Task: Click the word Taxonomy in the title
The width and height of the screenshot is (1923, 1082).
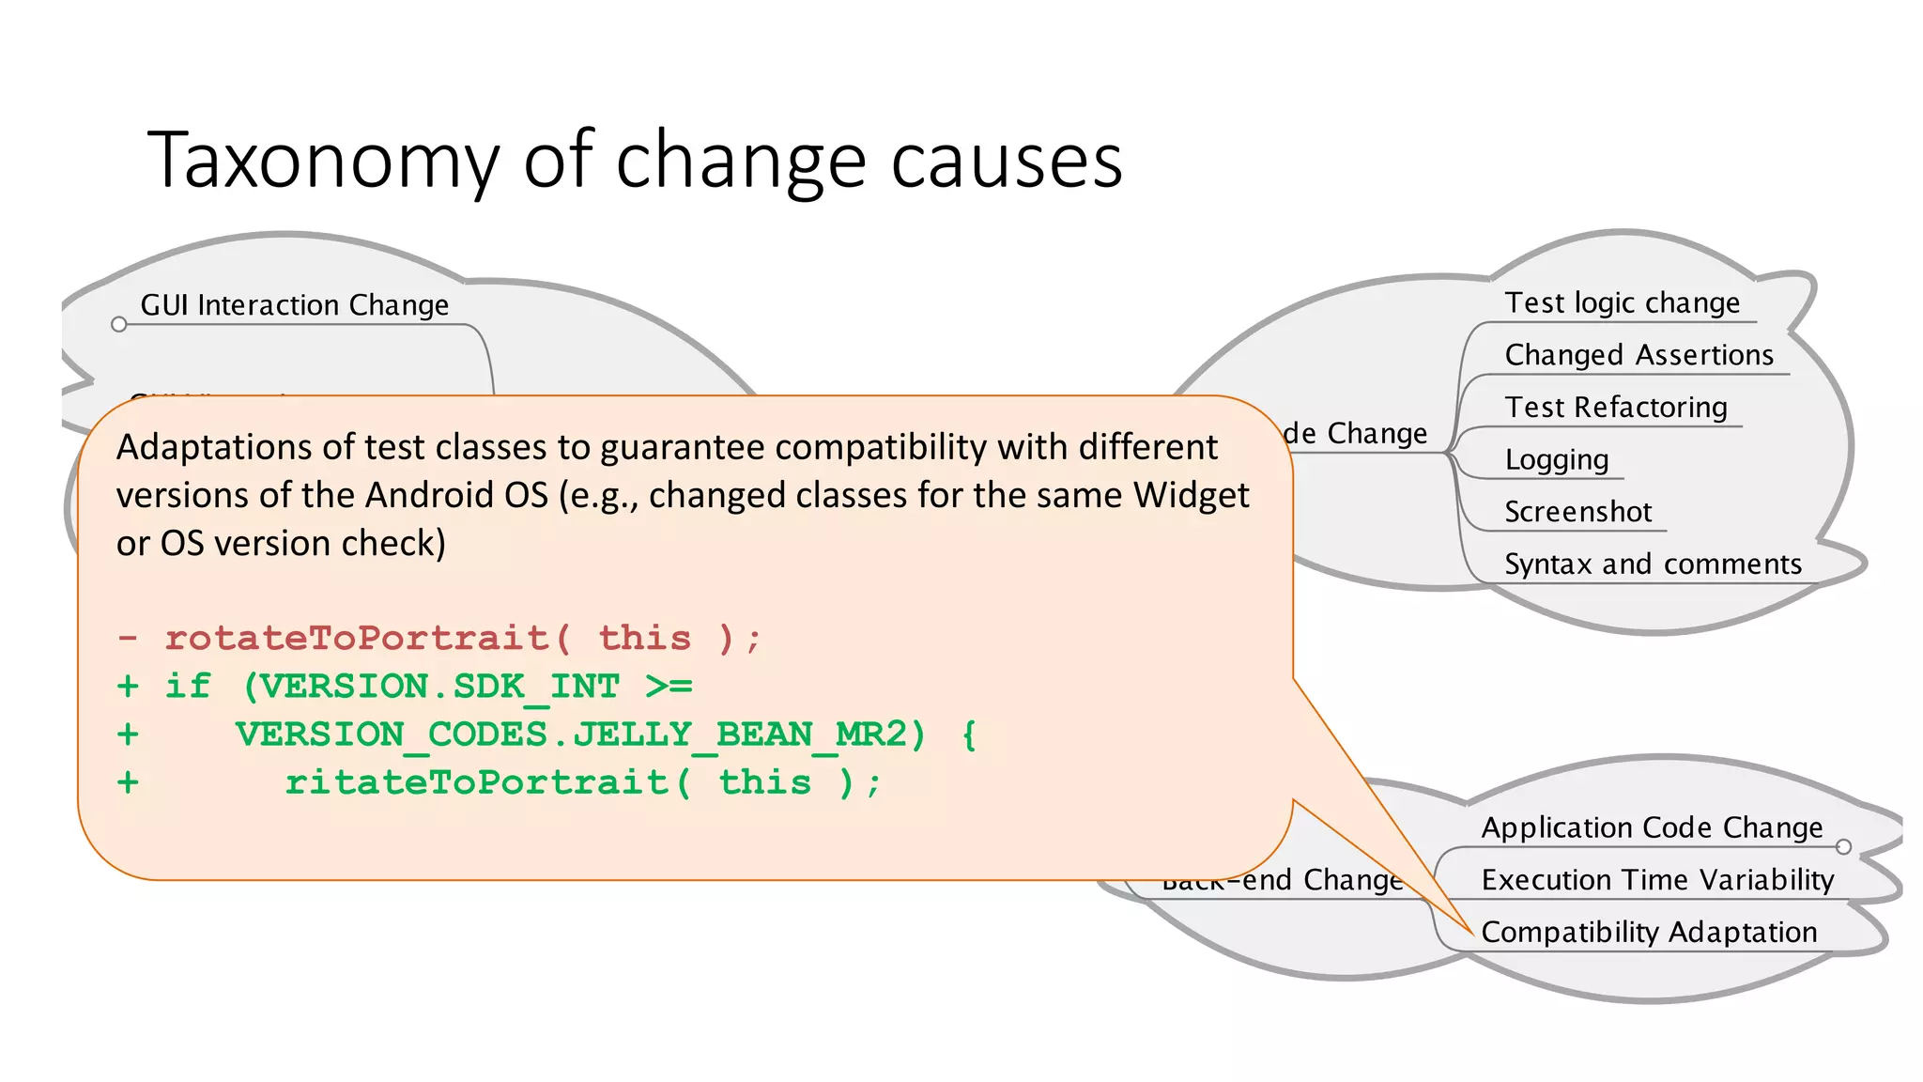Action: point(322,162)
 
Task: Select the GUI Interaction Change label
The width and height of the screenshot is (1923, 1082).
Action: point(294,305)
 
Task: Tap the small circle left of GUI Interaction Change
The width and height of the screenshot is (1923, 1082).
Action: point(118,325)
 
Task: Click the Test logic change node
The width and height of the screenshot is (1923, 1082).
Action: point(1622,303)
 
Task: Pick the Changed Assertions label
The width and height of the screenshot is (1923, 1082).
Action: point(1638,355)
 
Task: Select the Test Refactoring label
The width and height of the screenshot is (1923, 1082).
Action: point(1615,408)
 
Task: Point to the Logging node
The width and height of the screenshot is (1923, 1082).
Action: point(1556,460)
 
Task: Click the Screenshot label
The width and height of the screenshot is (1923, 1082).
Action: point(1577,512)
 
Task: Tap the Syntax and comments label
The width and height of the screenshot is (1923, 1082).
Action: point(1653,564)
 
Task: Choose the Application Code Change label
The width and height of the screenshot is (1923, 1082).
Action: point(1652,827)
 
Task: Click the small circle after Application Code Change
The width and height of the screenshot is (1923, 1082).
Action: point(1843,847)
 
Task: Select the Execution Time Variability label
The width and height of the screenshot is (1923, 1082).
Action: point(1657,880)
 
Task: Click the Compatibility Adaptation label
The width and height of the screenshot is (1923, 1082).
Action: point(1649,932)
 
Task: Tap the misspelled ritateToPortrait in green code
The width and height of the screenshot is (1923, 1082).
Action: point(477,782)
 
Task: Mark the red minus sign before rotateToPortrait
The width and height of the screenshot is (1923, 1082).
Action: point(128,639)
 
